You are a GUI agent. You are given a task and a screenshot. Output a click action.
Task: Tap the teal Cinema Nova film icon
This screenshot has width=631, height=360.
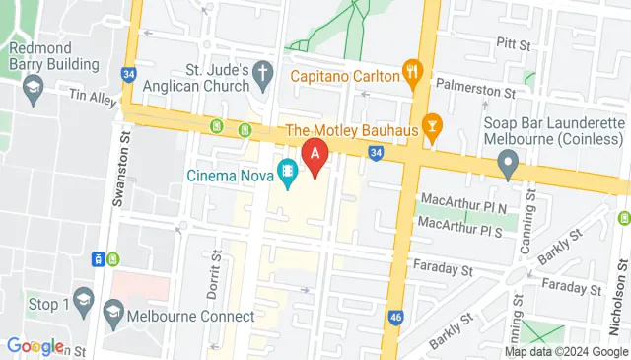(288, 175)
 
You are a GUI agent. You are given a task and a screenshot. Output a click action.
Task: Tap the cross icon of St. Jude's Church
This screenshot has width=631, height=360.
(262, 72)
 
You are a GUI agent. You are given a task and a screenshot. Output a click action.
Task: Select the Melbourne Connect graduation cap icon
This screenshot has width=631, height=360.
(113, 315)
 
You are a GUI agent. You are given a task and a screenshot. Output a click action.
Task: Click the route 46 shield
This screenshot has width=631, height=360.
(396, 317)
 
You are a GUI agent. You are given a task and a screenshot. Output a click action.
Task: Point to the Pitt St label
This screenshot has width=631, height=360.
(513, 43)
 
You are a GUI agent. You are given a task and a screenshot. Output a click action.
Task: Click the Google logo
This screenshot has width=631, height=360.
(35, 346)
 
